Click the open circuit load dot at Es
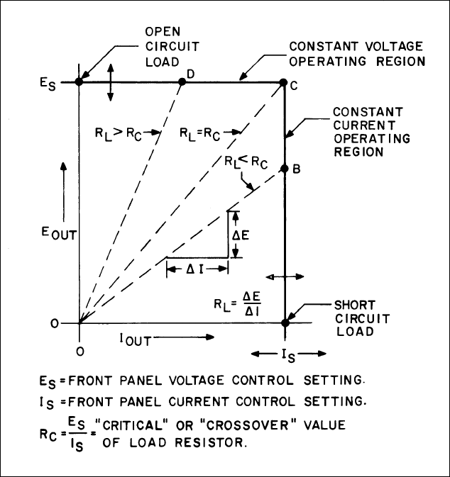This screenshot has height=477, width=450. click(79, 82)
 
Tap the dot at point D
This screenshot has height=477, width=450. click(181, 82)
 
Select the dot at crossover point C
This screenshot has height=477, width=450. click(284, 82)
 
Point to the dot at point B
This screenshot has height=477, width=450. click(285, 169)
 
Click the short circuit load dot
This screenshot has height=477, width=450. click(285, 323)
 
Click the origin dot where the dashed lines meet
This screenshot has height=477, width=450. click(79, 323)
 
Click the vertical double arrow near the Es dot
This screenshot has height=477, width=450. click(109, 82)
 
